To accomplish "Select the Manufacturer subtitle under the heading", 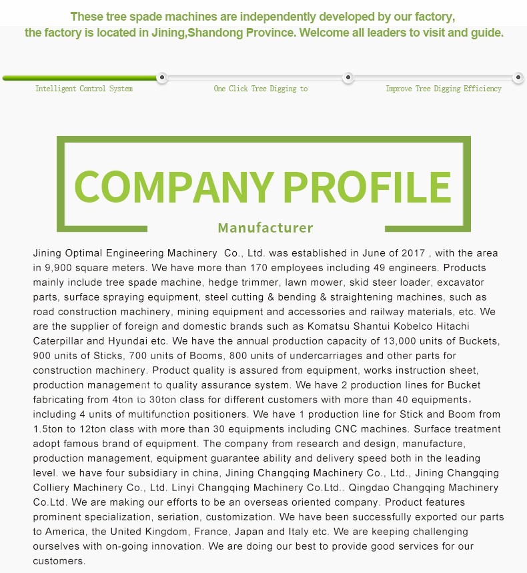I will pyautogui.click(x=266, y=228).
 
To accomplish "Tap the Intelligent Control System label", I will pyautogui.click(x=84, y=89).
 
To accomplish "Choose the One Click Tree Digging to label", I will pyautogui.click(x=261, y=89).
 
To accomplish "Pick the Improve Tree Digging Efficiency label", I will pyautogui.click(x=444, y=89).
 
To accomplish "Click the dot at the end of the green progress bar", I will pyautogui.click(x=162, y=78).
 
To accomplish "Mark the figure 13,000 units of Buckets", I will pyautogui.click(x=412, y=341).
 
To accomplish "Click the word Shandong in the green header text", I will pyautogui.click(x=215, y=33).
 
